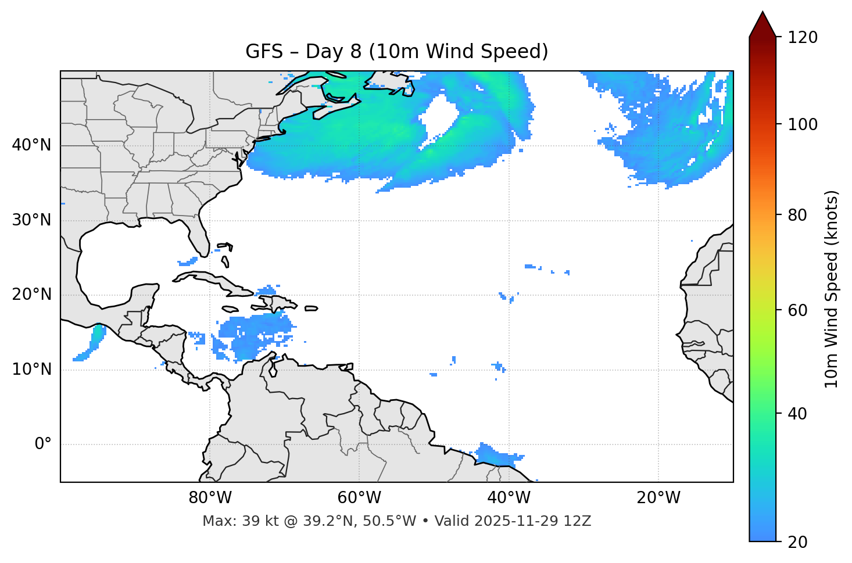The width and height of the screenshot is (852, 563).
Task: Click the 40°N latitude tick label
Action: (31, 145)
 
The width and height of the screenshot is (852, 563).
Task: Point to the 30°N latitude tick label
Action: (31, 220)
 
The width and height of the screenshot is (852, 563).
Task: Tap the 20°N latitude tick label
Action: (31, 295)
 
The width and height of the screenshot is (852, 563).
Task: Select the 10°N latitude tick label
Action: (31, 370)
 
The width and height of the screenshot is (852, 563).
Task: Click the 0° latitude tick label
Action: (43, 444)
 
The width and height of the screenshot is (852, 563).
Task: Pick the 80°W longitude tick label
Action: (210, 498)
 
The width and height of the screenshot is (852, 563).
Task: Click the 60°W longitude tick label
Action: (359, 498)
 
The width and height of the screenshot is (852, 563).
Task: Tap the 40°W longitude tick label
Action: (509, 498)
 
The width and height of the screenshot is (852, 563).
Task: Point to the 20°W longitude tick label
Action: (658, 498)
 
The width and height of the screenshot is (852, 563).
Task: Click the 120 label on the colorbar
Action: (802, 38)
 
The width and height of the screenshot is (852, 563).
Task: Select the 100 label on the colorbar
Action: (802, 124)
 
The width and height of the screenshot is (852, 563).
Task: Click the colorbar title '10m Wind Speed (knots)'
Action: (832, 289)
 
